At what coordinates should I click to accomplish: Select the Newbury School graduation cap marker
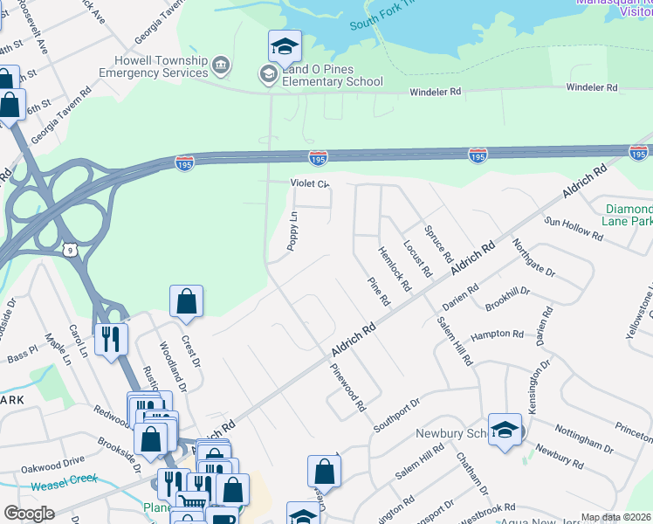505,430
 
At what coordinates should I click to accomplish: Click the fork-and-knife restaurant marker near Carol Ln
112,340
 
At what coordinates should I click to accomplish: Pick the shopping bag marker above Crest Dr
187,302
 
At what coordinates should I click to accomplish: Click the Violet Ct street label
310,184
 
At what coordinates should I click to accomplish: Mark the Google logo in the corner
29,514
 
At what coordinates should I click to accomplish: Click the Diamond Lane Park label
629,216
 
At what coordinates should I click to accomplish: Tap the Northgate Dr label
533,259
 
